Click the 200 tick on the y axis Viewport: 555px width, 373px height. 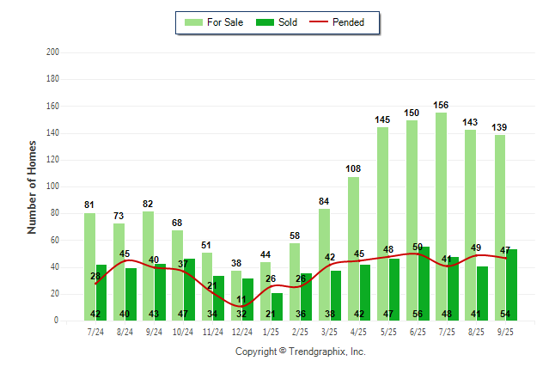click(x=53, y=52)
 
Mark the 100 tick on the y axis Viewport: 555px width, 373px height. click(x=53, y=186)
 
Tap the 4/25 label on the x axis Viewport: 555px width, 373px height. click(x=359, y=330)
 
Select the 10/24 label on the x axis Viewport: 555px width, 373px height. click(x=183, y=330)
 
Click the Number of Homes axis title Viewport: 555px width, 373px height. click(x=33, y=186)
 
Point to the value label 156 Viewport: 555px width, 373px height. click(x=441, y=106)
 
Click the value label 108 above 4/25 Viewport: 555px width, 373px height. click(x=353, y=170)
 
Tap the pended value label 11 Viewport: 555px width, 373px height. click(x=242, y=300)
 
